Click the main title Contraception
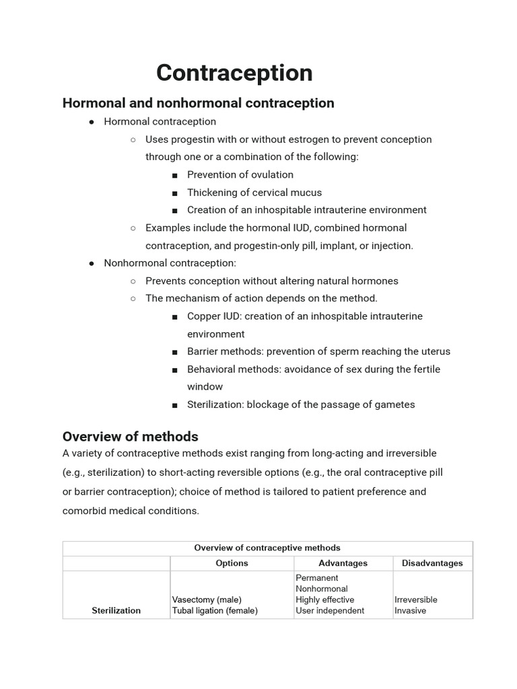click(x=234, y=73)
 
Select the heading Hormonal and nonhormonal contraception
click(x=198, y=103)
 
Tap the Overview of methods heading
click(x=130, y=437)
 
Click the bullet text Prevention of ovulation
click(x=240, y=175)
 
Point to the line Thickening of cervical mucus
click(x=254, y=192)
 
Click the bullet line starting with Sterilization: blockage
click(x=301, y=404)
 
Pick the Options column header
click(x=232, y=563)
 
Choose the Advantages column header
click(x=343, y=563)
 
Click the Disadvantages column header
click(x=432, y=563)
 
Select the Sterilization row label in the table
click(x=116, y=610)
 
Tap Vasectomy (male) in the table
click(x=207, y=600)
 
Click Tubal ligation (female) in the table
click(x=215, y=610)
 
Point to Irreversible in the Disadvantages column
click(x=415, y=600)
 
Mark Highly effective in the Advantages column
click(x=324, y=600)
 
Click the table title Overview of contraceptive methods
click(x=267, y=548)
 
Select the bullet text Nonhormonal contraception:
click(x=170, y=263)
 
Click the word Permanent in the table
click(x=316, y=578)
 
